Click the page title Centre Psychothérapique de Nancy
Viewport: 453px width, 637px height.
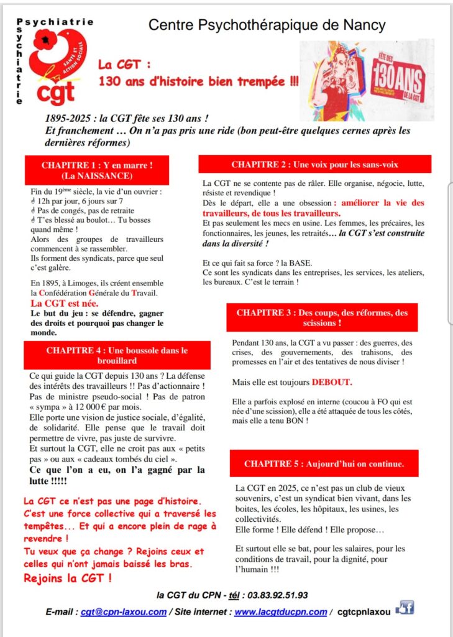tap(267, 25)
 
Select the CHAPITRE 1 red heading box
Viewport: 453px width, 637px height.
tap(97, 170)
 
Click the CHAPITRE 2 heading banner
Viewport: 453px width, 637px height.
tap(314, 164)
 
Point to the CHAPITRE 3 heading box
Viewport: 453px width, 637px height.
tap(322, 318)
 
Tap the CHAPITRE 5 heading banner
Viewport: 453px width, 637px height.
tap(324, 464)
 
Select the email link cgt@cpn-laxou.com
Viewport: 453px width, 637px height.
tap(124, 611)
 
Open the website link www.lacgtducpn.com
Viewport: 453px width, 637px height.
tap(280, 611)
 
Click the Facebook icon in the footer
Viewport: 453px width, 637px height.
tap(405, 608)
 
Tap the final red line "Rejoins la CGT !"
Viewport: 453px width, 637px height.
tap(68, 578)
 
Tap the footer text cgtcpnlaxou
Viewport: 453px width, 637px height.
tap(364, 611)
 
